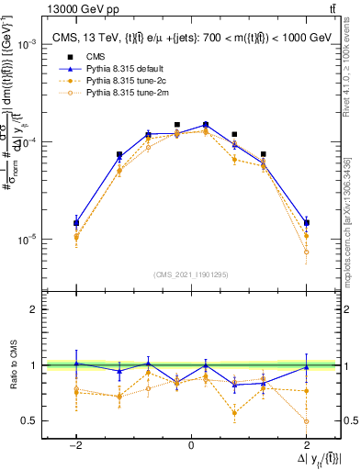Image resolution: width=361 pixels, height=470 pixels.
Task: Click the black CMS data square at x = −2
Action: click(76, 222)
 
